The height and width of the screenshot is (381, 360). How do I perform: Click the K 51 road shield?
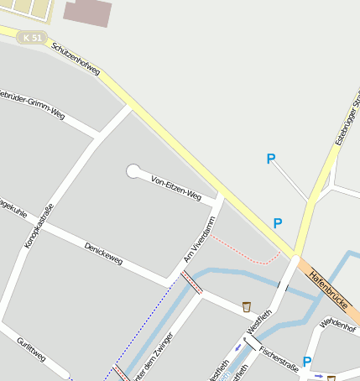point(33,38)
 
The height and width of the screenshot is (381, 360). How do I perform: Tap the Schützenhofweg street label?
point(75,60)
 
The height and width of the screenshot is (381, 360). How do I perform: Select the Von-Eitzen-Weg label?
point(175,189)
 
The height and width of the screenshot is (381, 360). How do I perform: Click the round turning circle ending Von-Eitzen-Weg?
point(133,171)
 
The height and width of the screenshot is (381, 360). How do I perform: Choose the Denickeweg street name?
point(103,253)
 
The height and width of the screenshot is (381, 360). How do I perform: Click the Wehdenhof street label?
point(338,325)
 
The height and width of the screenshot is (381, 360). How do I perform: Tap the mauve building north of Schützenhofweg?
point(87,13)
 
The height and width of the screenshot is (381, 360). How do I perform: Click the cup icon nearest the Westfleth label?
point(246,306)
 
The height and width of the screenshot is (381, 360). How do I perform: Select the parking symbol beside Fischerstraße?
point(307,362)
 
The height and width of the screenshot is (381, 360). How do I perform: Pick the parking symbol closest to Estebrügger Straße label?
point(270,159)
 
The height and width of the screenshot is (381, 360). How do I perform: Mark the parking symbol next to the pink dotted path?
point(277,224)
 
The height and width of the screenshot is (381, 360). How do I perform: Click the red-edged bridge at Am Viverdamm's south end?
point(191,282)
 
